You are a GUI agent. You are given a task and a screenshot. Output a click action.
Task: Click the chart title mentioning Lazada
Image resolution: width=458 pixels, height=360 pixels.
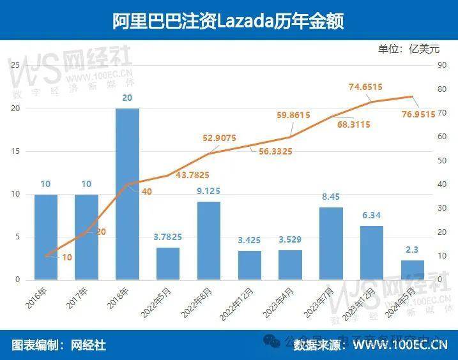click(228, 21)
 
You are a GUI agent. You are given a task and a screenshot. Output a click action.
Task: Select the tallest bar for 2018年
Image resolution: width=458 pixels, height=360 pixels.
click(127, 194)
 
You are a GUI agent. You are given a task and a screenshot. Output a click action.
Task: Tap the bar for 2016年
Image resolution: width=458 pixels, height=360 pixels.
click(45, 237)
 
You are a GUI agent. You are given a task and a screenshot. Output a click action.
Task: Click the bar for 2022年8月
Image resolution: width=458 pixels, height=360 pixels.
click(209, 241)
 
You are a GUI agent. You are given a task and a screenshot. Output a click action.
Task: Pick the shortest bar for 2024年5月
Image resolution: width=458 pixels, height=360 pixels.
click(413, 270)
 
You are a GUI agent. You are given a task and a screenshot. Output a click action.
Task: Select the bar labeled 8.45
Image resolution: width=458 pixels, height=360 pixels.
click(331, 243)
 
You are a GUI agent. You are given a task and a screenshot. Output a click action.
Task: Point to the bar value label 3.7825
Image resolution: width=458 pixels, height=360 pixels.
click(168, 237)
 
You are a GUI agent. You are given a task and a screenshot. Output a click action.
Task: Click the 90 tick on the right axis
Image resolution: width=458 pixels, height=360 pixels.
click(441, 65)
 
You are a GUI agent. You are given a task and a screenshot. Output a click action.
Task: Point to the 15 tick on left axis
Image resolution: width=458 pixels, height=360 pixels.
click(17, 151)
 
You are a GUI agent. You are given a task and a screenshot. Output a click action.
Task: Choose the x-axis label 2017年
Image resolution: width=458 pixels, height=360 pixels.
click(79, 300)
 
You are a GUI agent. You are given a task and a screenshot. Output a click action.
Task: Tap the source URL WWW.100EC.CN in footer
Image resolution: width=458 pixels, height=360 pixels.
click(400, 345)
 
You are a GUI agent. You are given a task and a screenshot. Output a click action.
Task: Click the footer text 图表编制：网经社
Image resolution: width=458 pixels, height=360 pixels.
click(59, 345)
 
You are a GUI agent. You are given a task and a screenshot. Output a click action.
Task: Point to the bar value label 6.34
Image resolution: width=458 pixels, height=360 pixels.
click(372, 216)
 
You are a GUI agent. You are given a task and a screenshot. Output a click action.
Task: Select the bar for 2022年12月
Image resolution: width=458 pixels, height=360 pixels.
click(250, 265)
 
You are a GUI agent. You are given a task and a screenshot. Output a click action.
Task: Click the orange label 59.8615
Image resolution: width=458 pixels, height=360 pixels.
click(293, 115)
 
